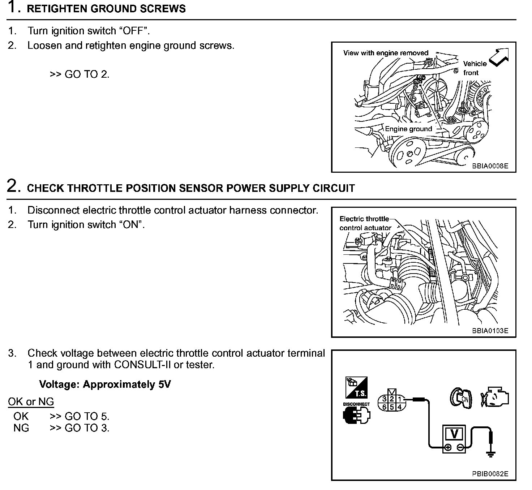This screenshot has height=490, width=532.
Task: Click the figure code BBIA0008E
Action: click(490, 166)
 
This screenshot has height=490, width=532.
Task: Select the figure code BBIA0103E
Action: click(490, 331)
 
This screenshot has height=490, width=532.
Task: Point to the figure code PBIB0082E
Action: click(490, 474)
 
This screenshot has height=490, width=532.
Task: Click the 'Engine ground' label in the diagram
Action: click(408, 129)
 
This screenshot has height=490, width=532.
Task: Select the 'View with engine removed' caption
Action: click(386, 53)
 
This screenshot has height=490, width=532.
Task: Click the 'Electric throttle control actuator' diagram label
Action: click(365, 223)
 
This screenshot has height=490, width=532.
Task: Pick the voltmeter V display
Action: click(454, 434)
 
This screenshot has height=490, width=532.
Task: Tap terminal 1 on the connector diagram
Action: click(399, 399)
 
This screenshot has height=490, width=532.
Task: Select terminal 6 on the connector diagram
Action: click(384, 407)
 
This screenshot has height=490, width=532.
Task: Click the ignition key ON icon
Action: click(461, 399)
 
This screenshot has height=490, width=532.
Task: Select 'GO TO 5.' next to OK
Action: click(87, 416)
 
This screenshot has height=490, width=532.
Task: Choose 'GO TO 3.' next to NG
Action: click(87, 428)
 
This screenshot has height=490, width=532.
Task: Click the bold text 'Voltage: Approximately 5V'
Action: click(105, 384)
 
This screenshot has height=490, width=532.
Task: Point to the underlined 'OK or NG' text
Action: click(31, 401)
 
